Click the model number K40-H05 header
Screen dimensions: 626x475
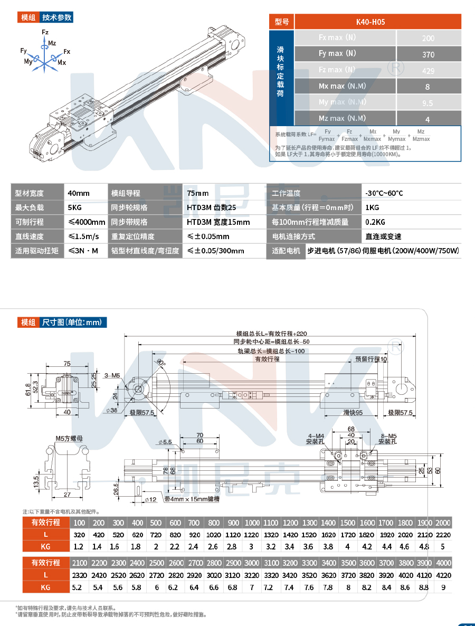click(377, 22)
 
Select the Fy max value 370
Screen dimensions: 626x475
click(428, 54)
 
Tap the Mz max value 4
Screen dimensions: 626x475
click(428, 119)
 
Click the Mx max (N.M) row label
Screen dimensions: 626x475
click(342, 86)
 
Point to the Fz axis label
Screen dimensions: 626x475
click(45, 33)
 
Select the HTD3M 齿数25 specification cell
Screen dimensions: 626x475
click(211, 208)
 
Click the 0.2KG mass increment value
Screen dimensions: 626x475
click(375, 222)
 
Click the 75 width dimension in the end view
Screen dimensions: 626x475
click(67, 363)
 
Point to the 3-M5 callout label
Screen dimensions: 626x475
click(112, 376)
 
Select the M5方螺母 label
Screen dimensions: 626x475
click(67, 438)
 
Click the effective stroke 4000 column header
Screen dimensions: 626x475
click(443, 563)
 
